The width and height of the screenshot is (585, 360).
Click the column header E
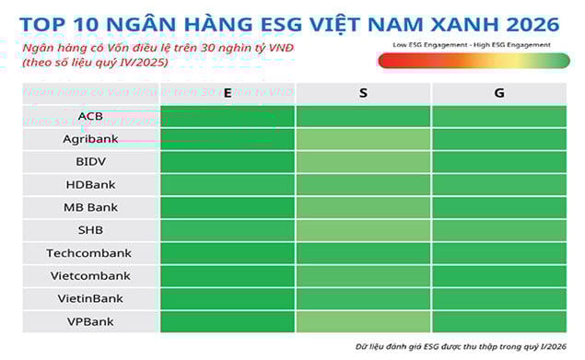pos(227,93)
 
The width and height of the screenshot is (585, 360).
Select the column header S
pos(363,93)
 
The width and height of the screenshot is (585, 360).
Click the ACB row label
pos(90,116)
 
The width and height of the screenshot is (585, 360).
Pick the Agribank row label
pos(90,139)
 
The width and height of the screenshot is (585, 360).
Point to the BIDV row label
pos(90,162)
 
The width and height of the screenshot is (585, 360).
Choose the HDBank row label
pos(90,184)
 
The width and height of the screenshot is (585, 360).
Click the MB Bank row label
pos(90,207)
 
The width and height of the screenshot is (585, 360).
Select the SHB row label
pos(90,230)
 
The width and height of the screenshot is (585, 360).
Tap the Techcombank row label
pos(90,253)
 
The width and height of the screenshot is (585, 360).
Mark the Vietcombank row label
pos(90,275)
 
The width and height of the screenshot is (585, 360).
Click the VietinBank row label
pos(90,298)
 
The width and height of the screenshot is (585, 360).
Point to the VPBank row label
pos(90,321)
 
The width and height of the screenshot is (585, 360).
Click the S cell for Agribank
pos(363,139)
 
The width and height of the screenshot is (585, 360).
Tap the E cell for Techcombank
pos(227,253)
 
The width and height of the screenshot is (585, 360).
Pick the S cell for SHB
pos(363,230)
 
